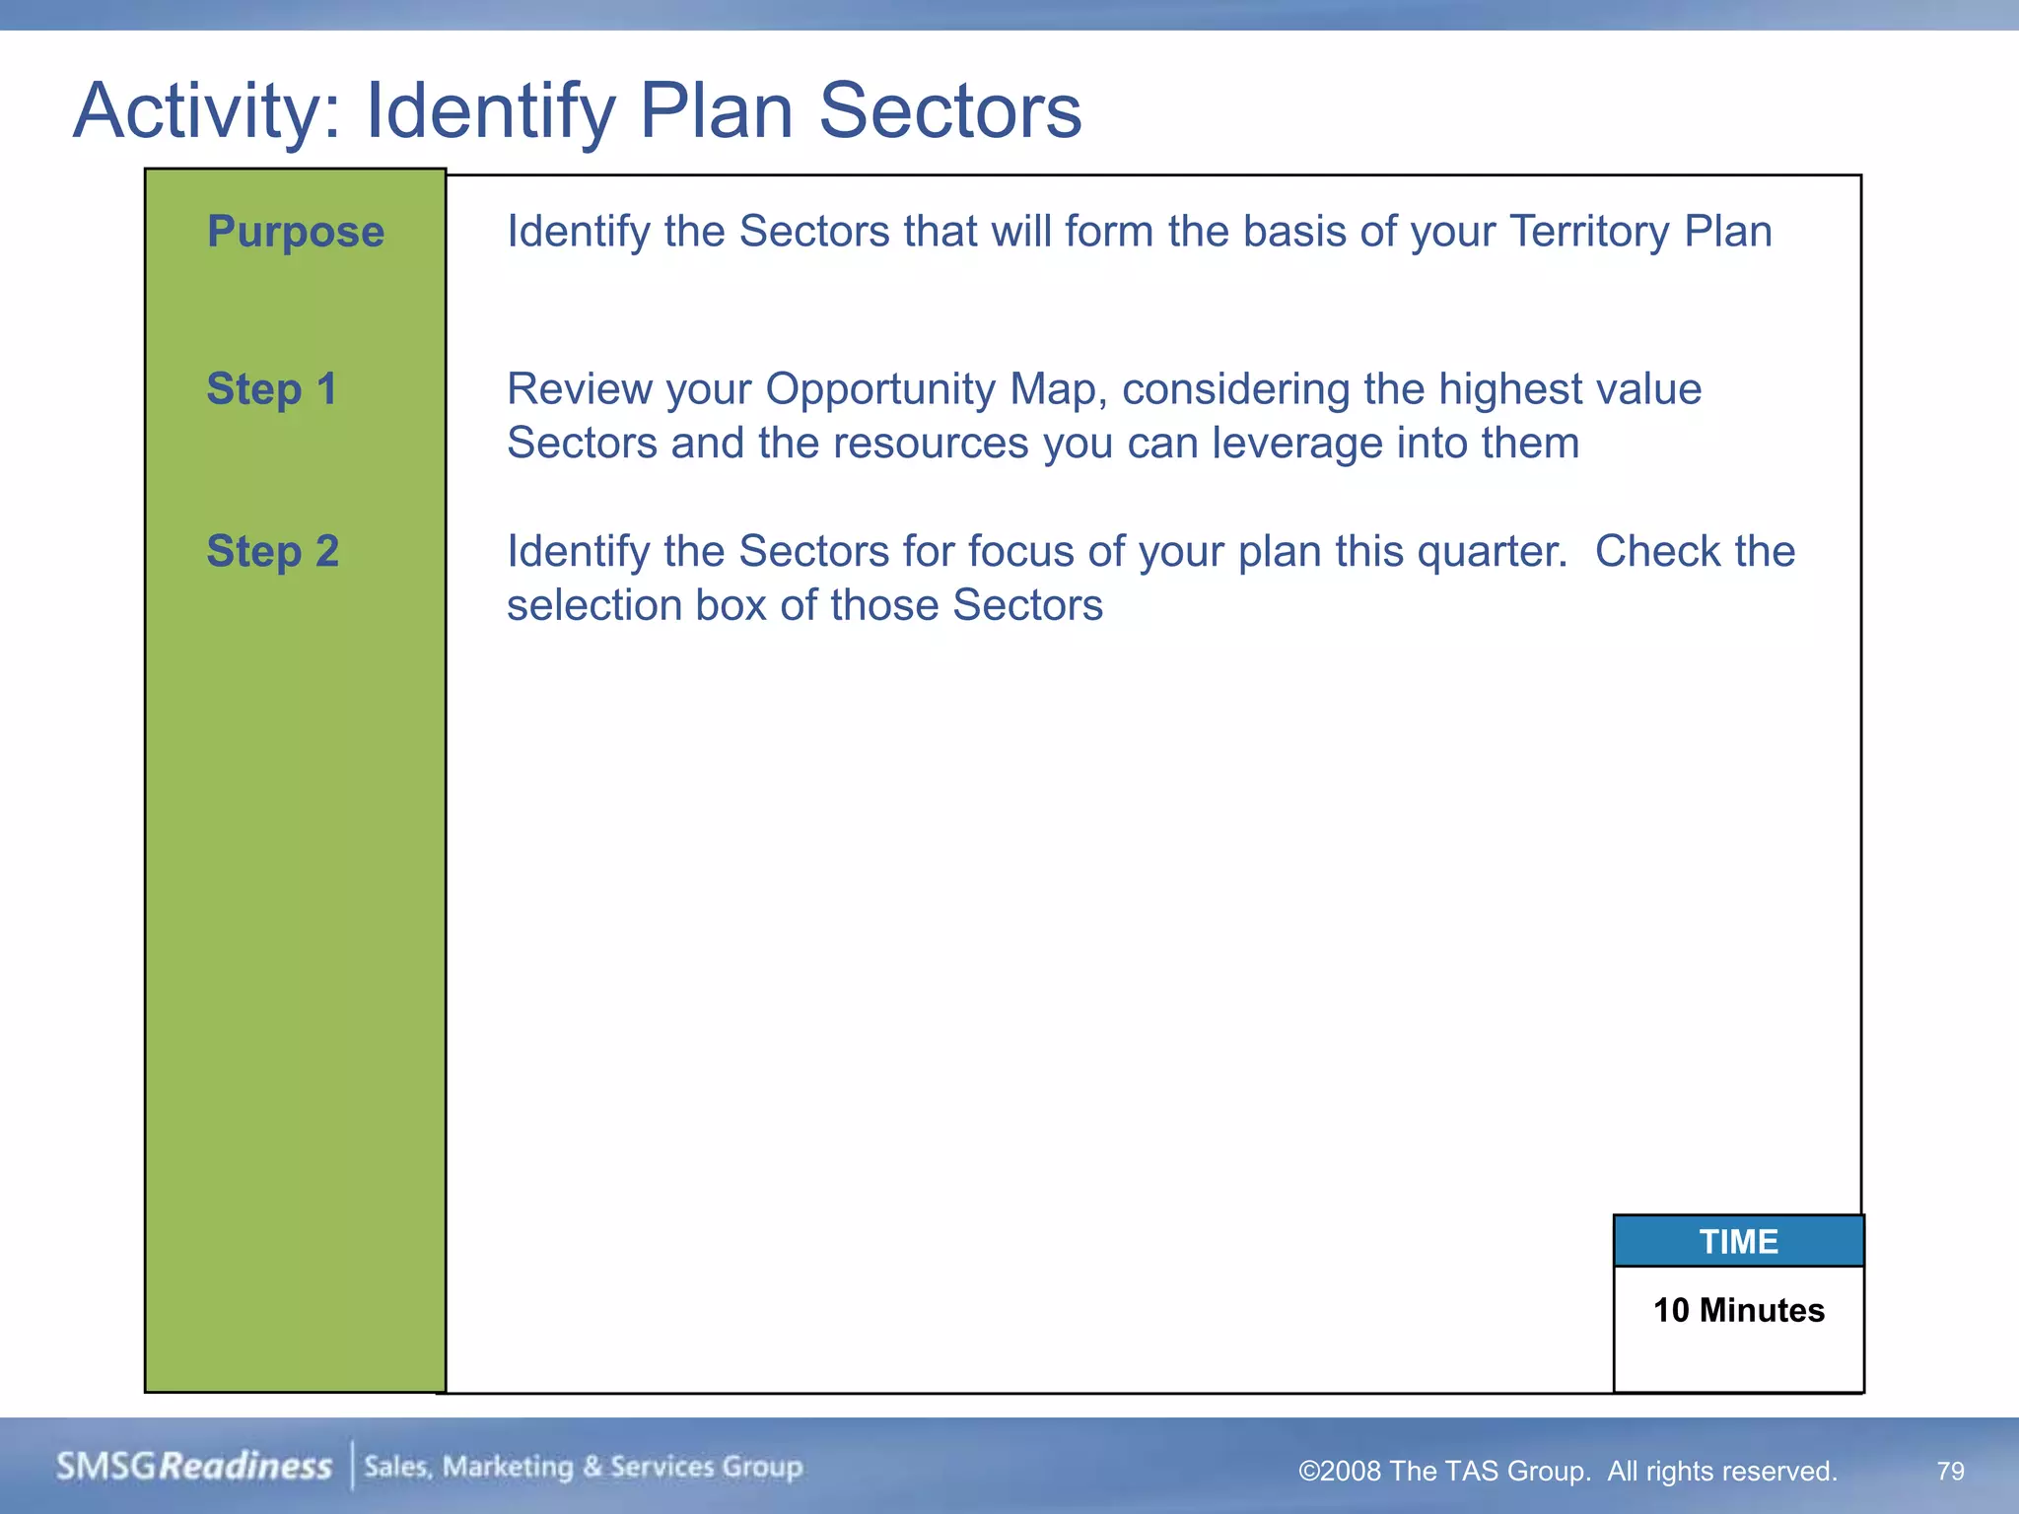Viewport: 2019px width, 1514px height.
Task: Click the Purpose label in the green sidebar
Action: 295,233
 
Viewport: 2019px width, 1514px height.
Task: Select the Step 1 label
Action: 271,389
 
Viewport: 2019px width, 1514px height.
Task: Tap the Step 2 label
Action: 272,551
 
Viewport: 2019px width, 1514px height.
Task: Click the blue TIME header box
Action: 1738,1241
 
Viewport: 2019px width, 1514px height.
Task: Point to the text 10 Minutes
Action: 1738,1310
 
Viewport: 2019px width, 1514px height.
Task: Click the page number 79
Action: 1950,1471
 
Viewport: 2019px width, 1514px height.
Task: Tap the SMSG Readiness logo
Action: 194,1467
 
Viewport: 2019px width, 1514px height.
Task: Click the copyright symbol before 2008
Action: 1309,1472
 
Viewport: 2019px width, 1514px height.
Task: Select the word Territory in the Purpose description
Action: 1589,233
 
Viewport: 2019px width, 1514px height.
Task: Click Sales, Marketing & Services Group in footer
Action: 584,1467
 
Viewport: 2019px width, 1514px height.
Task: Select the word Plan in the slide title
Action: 716,110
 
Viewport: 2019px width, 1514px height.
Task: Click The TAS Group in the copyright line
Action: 1489,1472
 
